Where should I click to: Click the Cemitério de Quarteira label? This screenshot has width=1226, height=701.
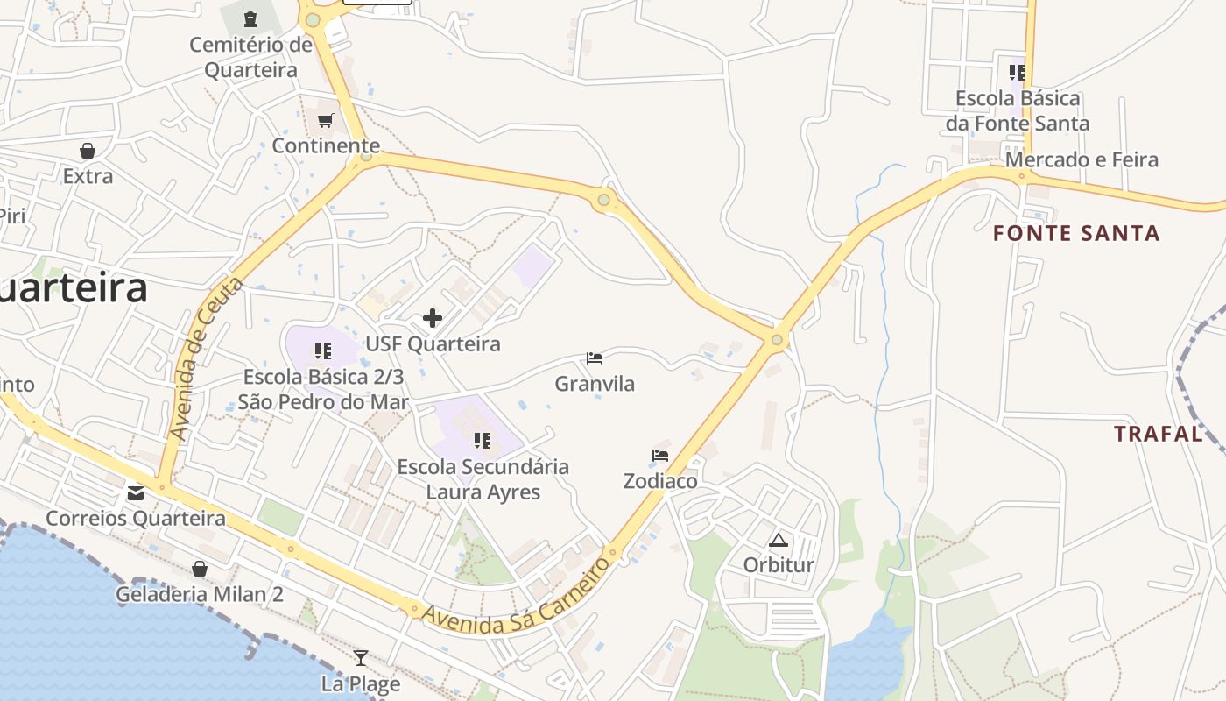coord(250,57)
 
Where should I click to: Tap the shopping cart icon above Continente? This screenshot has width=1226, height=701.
coord(326,121)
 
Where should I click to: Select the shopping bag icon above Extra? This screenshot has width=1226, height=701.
coord(88,151)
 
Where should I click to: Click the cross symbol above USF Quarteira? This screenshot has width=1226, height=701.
coord(433,318)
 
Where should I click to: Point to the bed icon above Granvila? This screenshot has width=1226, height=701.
coord(595,358)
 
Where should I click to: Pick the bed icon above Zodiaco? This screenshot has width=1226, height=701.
coord(660,456)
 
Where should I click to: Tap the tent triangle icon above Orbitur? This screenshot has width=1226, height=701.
coord(778,540)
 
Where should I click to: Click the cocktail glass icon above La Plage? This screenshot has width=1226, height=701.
coord(361,657)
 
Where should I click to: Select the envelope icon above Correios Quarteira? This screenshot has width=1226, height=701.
coord(136,492)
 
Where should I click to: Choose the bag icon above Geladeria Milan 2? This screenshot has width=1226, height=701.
coord(200,569)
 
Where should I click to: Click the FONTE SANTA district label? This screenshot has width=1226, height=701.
coord(1076,234)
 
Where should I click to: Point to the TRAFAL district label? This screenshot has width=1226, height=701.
coord(1158,434)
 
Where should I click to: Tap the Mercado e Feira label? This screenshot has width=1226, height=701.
coord(1082,160)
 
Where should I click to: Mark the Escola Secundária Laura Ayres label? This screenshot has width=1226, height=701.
coord(483,479)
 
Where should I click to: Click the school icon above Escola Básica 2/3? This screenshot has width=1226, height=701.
coord(322,352)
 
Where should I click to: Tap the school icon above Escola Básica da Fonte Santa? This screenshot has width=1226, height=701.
coord(1017,72)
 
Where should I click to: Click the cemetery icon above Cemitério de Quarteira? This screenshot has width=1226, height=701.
coord(251,18)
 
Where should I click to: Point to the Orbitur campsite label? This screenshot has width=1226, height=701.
coord(779,565)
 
